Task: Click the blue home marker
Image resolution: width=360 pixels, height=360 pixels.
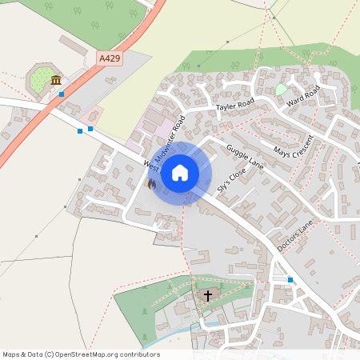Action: [x=180, y=172]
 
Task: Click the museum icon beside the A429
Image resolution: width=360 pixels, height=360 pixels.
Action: [x=56, y=81]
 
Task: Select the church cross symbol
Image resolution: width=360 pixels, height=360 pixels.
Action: [x=208, y=296]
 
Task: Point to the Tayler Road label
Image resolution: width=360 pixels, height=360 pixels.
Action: [x=234, y=104]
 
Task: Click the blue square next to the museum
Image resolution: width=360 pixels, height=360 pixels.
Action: [x=62, y=94]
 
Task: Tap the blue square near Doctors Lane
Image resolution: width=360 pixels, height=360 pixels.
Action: [x=290, y=280]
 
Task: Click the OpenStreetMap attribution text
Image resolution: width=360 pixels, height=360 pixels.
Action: [x=81, y=354]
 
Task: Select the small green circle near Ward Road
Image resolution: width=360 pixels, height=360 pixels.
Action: [x=281, y=90]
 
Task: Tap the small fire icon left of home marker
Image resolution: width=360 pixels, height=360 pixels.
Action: [x=152, y=183]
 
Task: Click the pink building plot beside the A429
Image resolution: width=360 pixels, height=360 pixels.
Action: [x=91, y=116]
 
